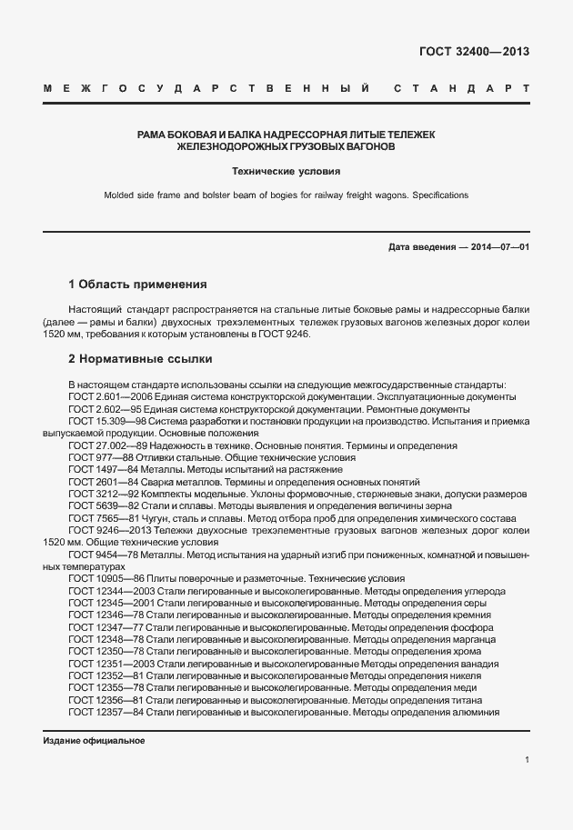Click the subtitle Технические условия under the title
pos(286,171)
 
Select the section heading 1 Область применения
pos(138,284)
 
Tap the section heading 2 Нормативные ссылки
pos(140,358)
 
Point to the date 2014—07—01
pos(497,247)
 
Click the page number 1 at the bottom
pos(528,759)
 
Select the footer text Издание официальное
pos(94,741)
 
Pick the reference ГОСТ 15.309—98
pos(106,422)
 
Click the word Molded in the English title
pos(120,195)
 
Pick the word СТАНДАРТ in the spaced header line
pos(462,89)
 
